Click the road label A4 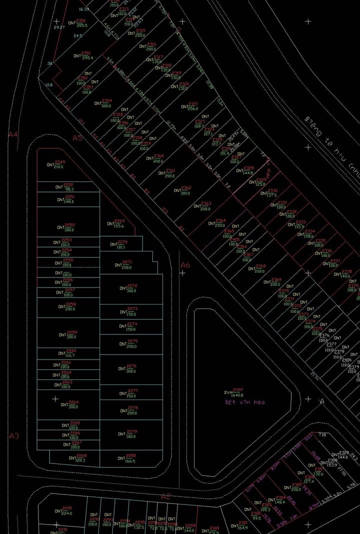[x=13, y=134]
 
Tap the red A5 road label [x=77, y=137]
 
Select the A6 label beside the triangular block [x=185, y=265]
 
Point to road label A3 [x=14, y=436]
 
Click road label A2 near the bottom [x=165, y=496]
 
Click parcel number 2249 [x=59, y=162]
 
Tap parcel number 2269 [x=119, y=221]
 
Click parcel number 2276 [x=131, y=366]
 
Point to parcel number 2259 [x=72, y=332]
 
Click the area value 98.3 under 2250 [x=69, y=189]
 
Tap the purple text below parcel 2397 [x=244, y=402]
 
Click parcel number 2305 [x=296, y=484]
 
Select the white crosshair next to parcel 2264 [x=55, y=398]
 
